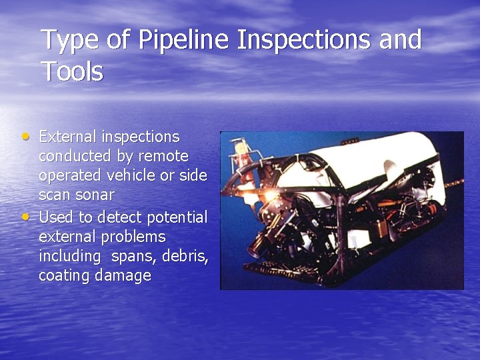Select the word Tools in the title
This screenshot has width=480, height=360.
tap(72, 71)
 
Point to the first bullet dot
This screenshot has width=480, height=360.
tap(25, 136)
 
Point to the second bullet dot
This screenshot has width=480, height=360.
tap(25, 217)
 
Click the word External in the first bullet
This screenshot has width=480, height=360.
tap(67, 137)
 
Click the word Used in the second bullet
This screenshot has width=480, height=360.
tap(56, 217)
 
